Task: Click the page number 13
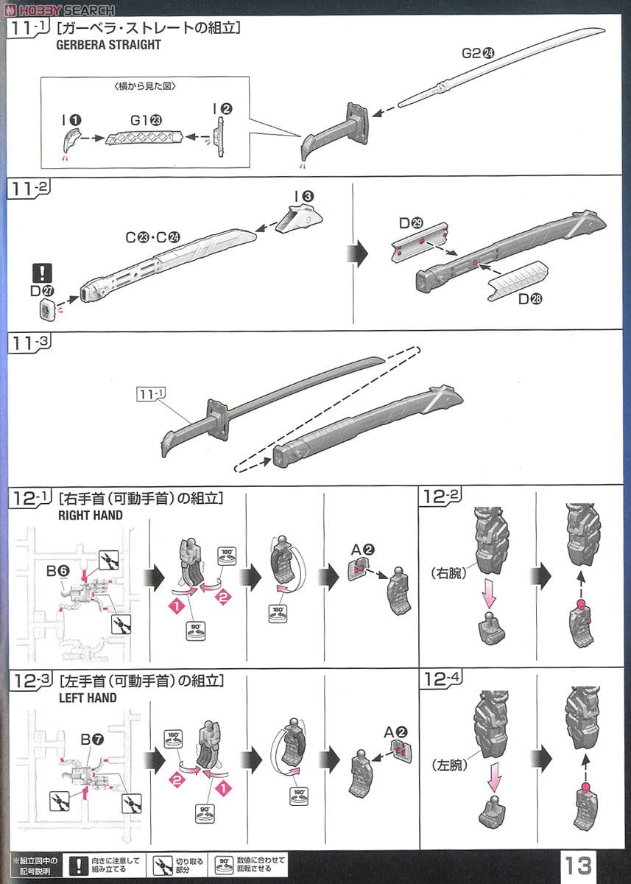[579, 865]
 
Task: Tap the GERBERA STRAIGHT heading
[109, 44]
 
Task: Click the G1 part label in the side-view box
[146, 119]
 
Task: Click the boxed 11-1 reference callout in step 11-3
[149, 394]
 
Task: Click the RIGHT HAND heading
[91, 516]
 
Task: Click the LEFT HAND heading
[87, 697]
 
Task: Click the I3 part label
[303, 196]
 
